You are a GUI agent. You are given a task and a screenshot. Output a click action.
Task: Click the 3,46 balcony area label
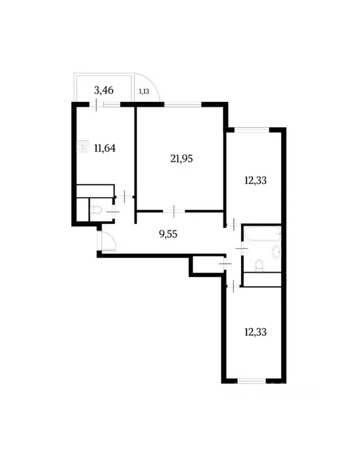click(x=104, y=91)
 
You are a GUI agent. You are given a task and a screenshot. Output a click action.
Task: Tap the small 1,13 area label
click(x=144, y=91)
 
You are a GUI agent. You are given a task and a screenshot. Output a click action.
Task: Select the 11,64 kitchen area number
click(x=104, y=148)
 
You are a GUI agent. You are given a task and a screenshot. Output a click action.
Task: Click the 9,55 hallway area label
click(x=169, y=233)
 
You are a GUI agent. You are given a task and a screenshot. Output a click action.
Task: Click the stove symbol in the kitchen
click(x=81, y=148)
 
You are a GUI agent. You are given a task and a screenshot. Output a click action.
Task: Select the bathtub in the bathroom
click(x=262, y=235)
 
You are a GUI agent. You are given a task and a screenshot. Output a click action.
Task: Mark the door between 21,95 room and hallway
click(x=174, y=209)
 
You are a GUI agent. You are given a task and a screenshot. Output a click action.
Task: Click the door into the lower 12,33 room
click(x=234, y=286)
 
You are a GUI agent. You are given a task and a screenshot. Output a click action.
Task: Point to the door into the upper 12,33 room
click(x=234, y=224)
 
